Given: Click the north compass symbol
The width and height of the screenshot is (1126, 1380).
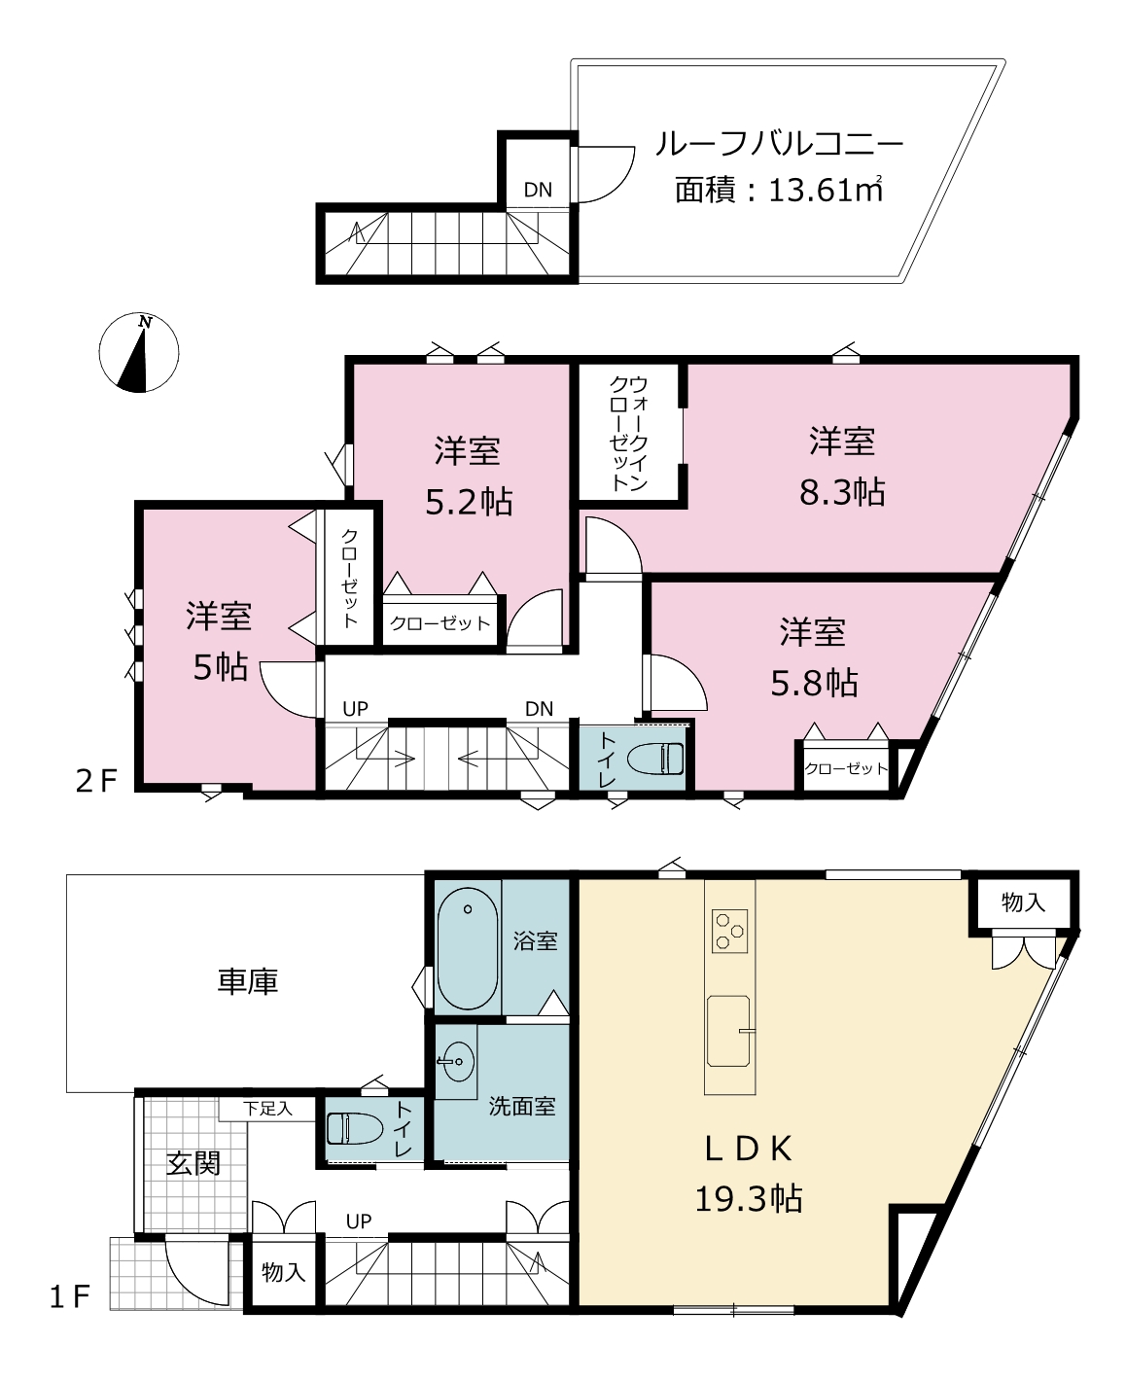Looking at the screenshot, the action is (x=139, y=353).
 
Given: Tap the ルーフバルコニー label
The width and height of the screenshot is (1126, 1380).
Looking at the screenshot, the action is (x=779, y=144).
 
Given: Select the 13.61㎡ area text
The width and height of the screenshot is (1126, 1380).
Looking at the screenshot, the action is (x=825, y=190).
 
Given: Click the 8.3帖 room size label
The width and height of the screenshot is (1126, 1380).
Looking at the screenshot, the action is (x=842, y=492).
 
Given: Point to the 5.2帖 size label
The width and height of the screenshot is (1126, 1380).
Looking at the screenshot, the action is (x=469, y=502).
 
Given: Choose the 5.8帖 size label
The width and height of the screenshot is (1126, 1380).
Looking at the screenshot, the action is (x=815, y=683).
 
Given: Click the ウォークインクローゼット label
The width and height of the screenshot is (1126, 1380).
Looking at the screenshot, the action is (x=628, y=433).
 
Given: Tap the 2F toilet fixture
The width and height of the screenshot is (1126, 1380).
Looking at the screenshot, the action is (x=655, y=759).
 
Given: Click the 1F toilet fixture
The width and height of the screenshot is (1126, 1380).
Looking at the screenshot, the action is (x=355, y=1128).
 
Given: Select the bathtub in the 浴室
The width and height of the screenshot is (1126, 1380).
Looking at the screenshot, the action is (x=467, y=949).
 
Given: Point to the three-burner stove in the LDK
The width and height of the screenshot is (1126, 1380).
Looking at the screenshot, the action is (x=729, y=931).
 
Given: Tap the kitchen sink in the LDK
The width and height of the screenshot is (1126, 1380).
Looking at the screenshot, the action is (x=728, y=1031).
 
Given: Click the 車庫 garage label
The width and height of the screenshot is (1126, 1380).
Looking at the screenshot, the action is (x=248, y=981).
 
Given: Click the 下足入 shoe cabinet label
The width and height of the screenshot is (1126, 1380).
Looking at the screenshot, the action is (x=268, y=1109).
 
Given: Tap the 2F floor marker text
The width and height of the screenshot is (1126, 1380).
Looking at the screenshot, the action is (x=96, y=781).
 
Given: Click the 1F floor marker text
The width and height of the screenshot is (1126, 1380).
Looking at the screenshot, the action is (x=70, y=1296).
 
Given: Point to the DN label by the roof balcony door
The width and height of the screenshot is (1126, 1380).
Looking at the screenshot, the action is (x=538, y=190).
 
